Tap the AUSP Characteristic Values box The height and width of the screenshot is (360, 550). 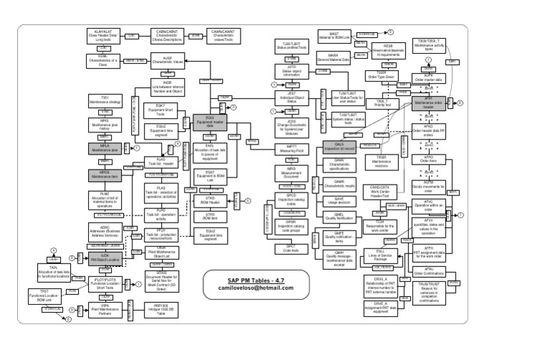pyautogui.click(x=168, y=62)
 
